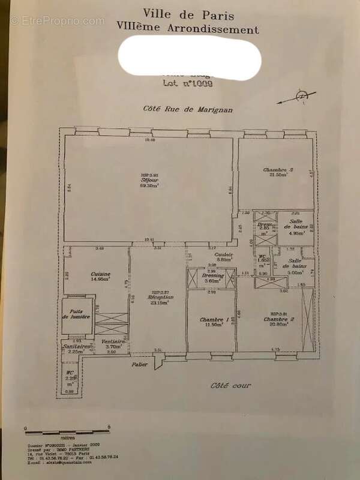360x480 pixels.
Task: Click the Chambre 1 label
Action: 212,320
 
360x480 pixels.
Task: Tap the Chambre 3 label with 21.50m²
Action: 278,170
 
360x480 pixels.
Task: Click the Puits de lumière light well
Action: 76,314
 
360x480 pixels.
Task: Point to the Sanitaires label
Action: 77,347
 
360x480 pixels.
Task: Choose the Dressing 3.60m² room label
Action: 213,275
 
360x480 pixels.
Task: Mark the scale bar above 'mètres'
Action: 66,430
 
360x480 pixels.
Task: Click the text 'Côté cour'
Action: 231,385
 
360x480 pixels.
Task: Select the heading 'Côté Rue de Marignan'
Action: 179,109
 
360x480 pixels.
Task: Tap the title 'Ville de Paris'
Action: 179,14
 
